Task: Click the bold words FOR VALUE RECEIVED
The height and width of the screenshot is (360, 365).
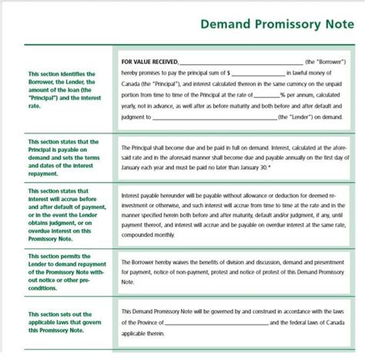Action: click(x=149, y=61)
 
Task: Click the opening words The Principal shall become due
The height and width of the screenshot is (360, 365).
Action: click(x=162, y=144)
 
